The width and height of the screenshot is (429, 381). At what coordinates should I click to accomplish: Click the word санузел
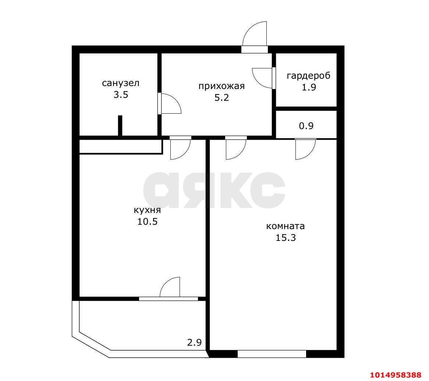click(121, 83)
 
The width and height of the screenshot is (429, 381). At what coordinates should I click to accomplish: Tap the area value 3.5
click(121, 95)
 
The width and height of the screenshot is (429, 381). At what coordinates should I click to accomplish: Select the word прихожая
click(221, 86)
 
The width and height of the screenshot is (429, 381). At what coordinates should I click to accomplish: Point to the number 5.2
click(221, 98)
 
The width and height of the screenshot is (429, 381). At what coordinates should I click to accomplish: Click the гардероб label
click(309, 76)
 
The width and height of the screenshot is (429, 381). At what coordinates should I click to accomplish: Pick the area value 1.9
click(309, 87)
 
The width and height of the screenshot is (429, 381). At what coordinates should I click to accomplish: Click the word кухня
click(147, 210)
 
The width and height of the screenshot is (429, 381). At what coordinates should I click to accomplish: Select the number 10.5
click(148, 221)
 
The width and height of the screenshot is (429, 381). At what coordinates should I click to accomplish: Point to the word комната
click(286, 226)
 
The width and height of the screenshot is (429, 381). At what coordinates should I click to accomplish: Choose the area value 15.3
click(286, 238)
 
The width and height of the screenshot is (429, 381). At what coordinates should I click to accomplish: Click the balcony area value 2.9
click(194, 342)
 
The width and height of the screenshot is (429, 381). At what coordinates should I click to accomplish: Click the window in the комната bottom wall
click(272, 354)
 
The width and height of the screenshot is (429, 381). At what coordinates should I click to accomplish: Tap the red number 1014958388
click(396, 374)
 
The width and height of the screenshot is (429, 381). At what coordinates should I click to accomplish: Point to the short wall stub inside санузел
click(120, 125)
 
